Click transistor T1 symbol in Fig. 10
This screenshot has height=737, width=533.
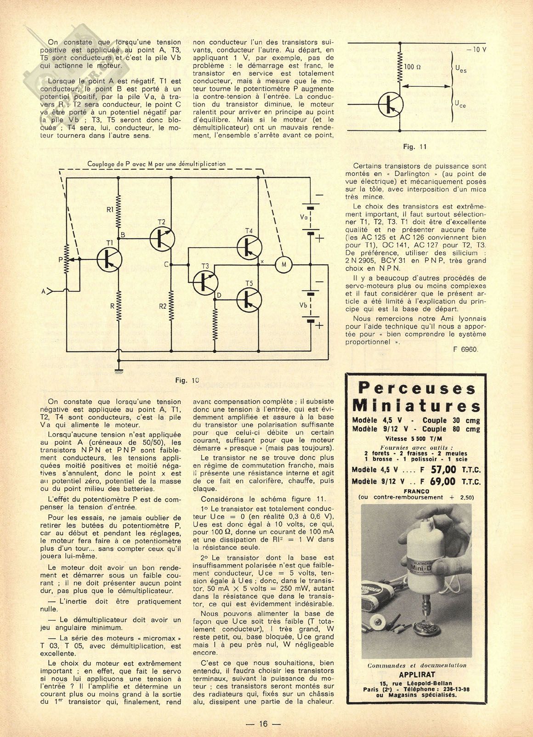coord(109,259)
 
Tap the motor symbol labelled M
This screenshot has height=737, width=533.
coord(284,264)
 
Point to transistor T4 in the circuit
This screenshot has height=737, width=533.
coord(249,247)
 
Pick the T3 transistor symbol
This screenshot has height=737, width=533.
coord(205,283)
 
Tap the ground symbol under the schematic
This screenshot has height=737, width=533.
coord(119,371)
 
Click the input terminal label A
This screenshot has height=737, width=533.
coord(44,291)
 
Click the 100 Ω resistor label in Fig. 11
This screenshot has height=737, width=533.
coord(413,67)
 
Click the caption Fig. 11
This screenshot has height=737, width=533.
coord(415,147)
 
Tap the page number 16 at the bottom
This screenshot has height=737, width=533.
coord(263,724)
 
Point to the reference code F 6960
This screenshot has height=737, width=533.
coord(465,349)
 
